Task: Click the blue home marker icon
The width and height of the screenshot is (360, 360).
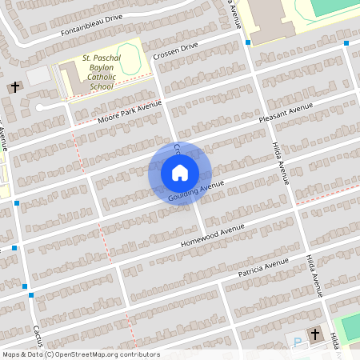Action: point(179,172)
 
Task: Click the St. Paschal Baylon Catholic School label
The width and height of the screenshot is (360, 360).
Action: point(102,72)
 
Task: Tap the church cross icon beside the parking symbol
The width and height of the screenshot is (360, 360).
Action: point(315,334)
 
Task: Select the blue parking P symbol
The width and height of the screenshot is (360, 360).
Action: point(298,342)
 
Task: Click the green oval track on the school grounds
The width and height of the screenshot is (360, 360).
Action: point(132,57)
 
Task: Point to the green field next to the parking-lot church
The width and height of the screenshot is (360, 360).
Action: point(349,328)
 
